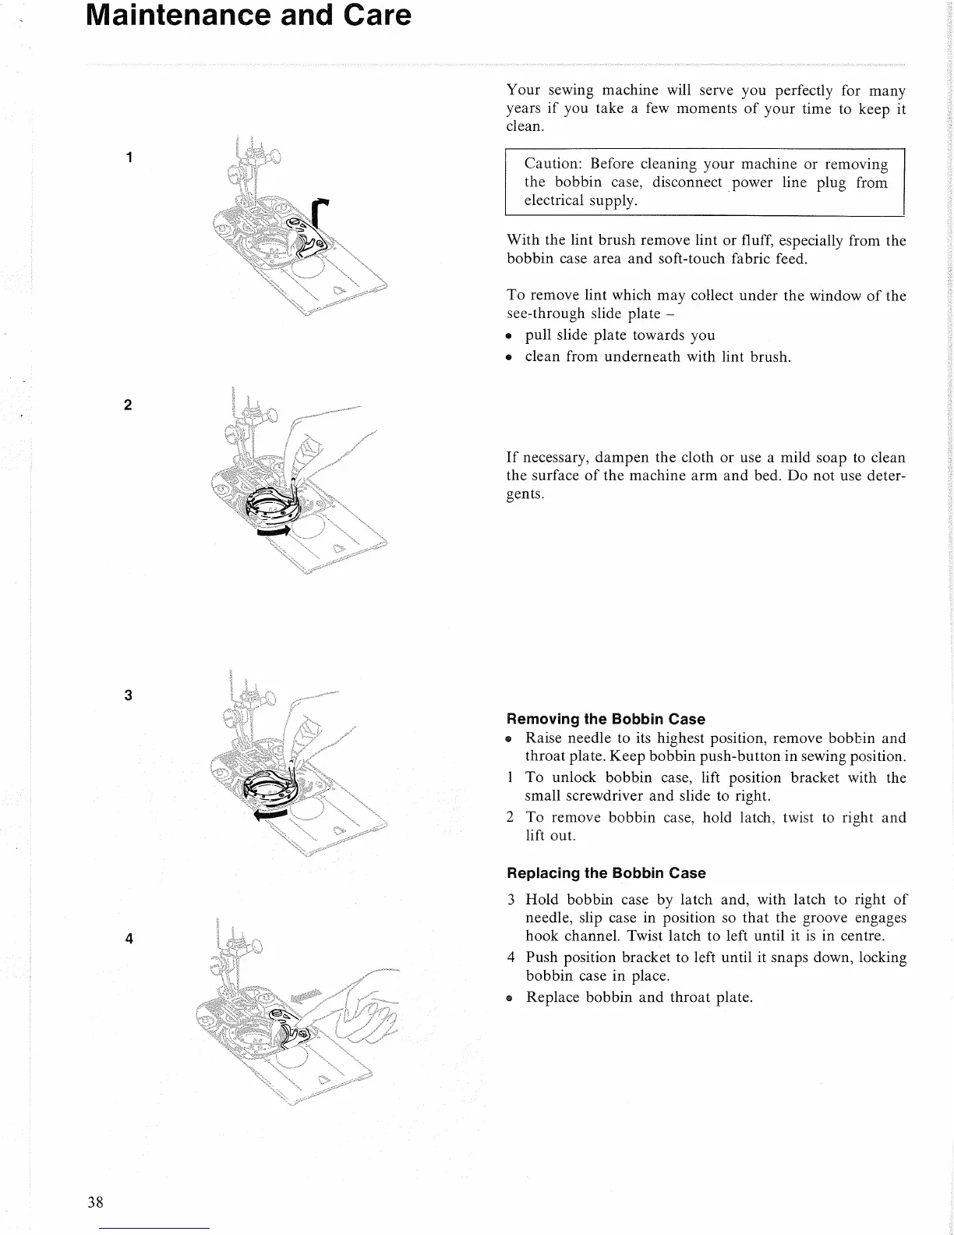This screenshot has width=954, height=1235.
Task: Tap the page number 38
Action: pos(96,1201)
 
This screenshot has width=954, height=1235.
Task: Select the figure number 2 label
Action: pos(129,405)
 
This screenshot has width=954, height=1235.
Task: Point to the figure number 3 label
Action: pos(129,695)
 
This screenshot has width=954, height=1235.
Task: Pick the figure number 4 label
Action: pos(129,939)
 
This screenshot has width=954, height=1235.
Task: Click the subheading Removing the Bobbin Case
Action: pos(606,719)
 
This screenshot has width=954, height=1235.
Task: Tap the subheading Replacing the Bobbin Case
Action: pos(606,873)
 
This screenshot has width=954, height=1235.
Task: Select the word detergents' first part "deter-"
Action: pos(886,476)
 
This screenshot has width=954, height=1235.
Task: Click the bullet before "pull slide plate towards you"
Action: pos(508,337)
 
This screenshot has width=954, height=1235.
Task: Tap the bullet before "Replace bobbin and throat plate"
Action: pos(509,998)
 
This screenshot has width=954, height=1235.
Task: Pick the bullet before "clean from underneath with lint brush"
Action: pos(508,358)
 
